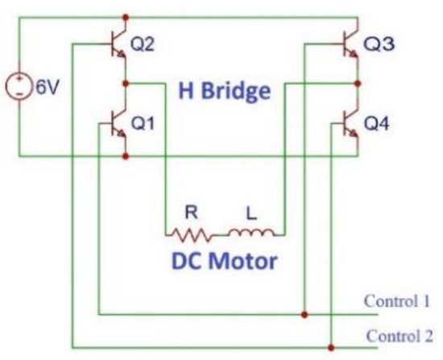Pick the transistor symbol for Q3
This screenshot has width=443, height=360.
(x=350, y=47)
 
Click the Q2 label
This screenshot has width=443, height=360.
(x=143, y=45)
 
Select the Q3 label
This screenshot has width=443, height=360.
(x=379, y=45)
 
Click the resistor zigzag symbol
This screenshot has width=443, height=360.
(x=192, y=234)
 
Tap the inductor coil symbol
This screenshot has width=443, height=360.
(x=251, y=234)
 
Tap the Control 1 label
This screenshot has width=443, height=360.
(x=397, y=303)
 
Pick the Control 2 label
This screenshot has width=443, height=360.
(x=399, y=335)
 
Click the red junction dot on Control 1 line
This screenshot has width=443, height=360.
(x=304, y=313)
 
